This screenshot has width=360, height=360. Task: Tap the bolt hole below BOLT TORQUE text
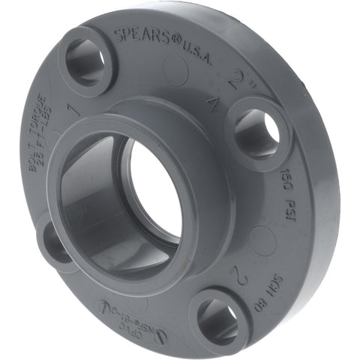(56, 241)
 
